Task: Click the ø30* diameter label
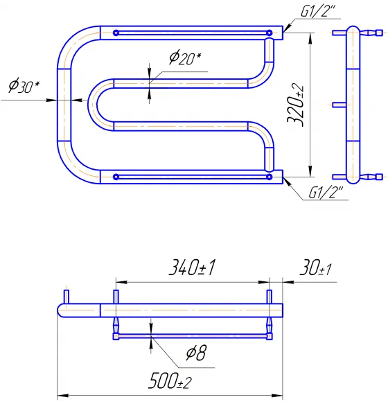[x=24, y=86]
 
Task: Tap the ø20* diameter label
[x=185, y=58]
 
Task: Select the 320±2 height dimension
[x=296, y=105]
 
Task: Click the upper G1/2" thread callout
[x=319, y=11]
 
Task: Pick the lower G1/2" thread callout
[x=326, y=193]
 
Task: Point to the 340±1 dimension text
[x=192, y=267]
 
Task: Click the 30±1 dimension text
[x=315, y=268]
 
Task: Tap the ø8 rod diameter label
[x=196, y=353]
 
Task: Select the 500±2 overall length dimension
[x=170, y=381]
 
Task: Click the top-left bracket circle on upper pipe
[x=116, y=33]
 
